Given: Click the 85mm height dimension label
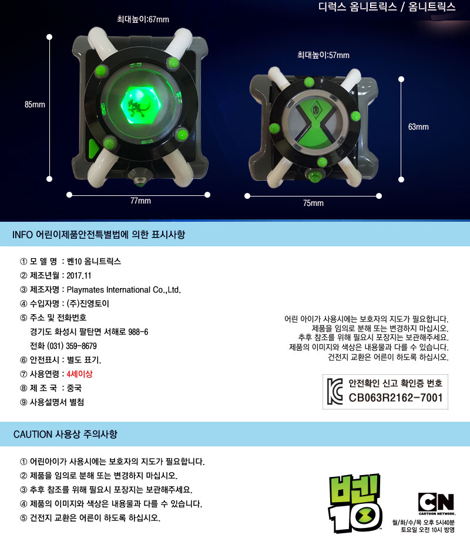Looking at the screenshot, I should (x=35, y=104).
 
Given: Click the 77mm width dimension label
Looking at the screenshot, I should (x=140, y=201).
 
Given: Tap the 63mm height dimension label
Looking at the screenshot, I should (x=418, y=126).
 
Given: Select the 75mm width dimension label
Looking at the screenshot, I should (x=313, y=203).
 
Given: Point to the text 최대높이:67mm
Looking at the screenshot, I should (x=143, y=19).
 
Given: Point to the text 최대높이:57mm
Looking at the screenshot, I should (x=323, y=55).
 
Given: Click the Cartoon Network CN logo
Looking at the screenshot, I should (x=436, y=503).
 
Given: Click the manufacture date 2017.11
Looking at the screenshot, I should (x=79, y=276).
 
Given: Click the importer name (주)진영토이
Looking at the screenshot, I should (x=88, y=304).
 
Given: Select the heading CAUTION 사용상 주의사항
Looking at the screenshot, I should (x=65, y=435).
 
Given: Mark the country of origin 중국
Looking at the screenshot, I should (x=74, y=388).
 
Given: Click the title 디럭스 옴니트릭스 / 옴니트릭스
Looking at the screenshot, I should (x=387, y=7).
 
